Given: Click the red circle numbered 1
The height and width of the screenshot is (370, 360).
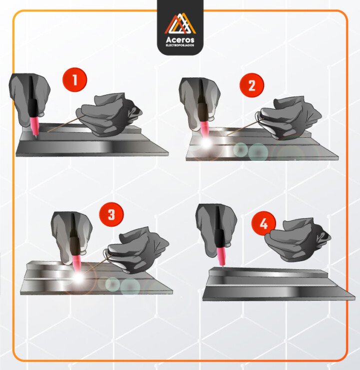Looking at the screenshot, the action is pyautogui.click(x=74, y=80).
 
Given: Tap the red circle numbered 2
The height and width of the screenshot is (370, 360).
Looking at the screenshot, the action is pyautogui.click(x=252, y=85).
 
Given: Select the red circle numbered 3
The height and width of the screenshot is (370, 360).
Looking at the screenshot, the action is pyautogui.click(x=111, y=214).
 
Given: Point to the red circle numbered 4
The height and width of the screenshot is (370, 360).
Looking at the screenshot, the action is pyautogui.click(x=263, y=224).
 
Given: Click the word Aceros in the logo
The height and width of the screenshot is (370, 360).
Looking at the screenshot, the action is pyautogui.click(x=180, y=39).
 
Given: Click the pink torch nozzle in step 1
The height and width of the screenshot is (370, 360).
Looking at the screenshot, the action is pyautogui.click(x=34, y=126).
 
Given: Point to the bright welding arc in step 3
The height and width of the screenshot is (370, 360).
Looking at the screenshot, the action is pyautogui.click(x=78, y=278).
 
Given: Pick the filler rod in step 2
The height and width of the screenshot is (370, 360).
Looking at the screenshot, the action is pyautogui.click(x=244, y=128).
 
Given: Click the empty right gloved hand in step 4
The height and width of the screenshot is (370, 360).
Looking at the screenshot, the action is pyautogui.click(x=297, y=240).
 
